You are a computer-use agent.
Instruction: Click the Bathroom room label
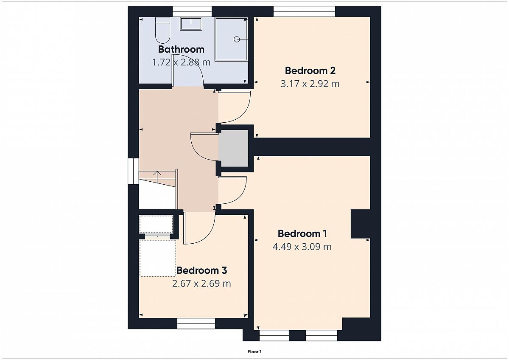(x=181, y=49)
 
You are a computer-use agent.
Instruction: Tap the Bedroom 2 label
(x=310, y=70)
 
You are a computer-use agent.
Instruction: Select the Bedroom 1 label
(x=302, y=233)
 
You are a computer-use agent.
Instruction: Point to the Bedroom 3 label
(x=201, y=270)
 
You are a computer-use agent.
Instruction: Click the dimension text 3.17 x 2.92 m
(x=310, y=84)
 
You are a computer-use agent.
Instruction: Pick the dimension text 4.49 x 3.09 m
(x=302, y=247)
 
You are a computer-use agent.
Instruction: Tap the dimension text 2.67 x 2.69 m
(x=201, y=284)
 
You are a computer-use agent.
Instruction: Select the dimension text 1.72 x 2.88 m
(x=181, y=62)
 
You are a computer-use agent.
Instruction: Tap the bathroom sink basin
(x=191, y=24)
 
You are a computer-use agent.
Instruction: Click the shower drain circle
(x=237, y=39)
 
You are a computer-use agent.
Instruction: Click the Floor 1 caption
(x=255, y=352)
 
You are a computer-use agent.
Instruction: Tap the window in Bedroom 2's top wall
(x=304, y=11)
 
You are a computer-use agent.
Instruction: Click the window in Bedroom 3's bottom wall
(x=196, y=323)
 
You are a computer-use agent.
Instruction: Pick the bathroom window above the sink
(x=192, y=11)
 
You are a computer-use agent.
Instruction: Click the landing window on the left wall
(x=133, y=171)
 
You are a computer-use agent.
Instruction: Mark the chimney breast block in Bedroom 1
(x=361, y=224)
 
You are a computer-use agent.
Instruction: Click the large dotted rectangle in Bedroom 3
(x=158, y=258)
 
